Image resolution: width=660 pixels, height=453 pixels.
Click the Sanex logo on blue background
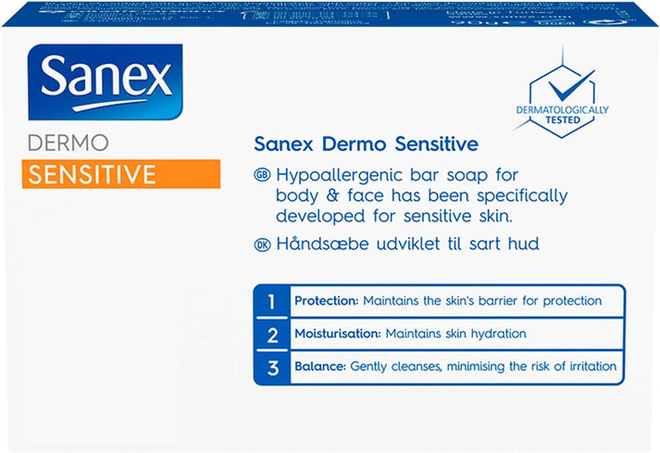[105, 82]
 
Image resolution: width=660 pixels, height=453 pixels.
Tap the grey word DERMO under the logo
[69, 144]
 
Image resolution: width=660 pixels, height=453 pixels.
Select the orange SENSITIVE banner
[121, 173]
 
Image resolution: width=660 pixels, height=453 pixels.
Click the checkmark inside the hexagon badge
[562, 89]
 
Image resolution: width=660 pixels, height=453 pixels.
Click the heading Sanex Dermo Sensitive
[365, 144]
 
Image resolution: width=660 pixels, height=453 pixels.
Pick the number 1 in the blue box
[271, 301]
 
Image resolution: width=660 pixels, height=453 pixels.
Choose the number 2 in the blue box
[271, 333]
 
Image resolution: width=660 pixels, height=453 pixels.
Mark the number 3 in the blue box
[271, 366]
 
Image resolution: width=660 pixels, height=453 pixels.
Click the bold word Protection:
[326, 301]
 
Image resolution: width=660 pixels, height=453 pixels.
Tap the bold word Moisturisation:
[336, 333]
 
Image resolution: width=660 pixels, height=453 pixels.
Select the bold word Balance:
[319, 366]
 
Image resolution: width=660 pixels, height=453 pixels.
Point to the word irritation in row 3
[590, 366]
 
